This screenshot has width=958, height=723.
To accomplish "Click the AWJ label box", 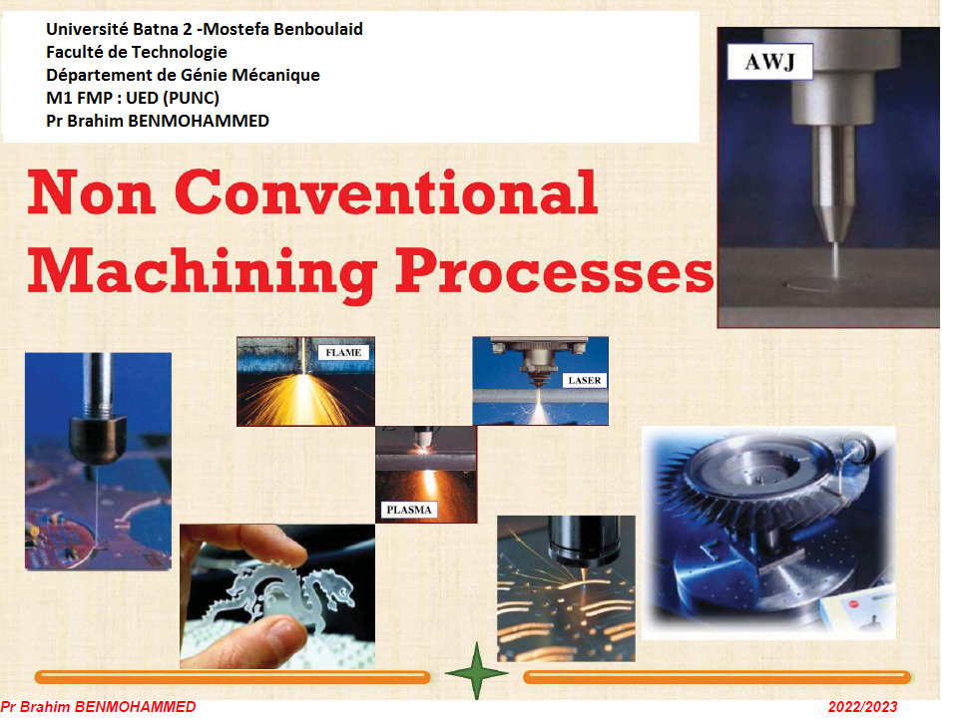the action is [769, 62].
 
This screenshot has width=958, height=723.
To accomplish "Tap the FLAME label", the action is [343, 352].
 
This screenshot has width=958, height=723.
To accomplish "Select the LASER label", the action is [585, 380].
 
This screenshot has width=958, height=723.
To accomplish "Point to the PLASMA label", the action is [409, 510].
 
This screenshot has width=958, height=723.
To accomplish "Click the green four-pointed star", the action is [477, 672].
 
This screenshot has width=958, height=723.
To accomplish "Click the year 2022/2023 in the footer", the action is [862, 707].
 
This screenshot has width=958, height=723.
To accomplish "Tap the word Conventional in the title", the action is [386, 192].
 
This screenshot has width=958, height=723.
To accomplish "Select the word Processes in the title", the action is [555, 271].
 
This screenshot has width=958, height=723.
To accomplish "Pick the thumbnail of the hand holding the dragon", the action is [277, 596].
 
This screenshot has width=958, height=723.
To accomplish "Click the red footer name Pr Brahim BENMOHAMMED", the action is [98, 707].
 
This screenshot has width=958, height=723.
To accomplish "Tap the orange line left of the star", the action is [233, 676].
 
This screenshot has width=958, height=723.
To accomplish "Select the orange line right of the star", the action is [718, 676].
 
